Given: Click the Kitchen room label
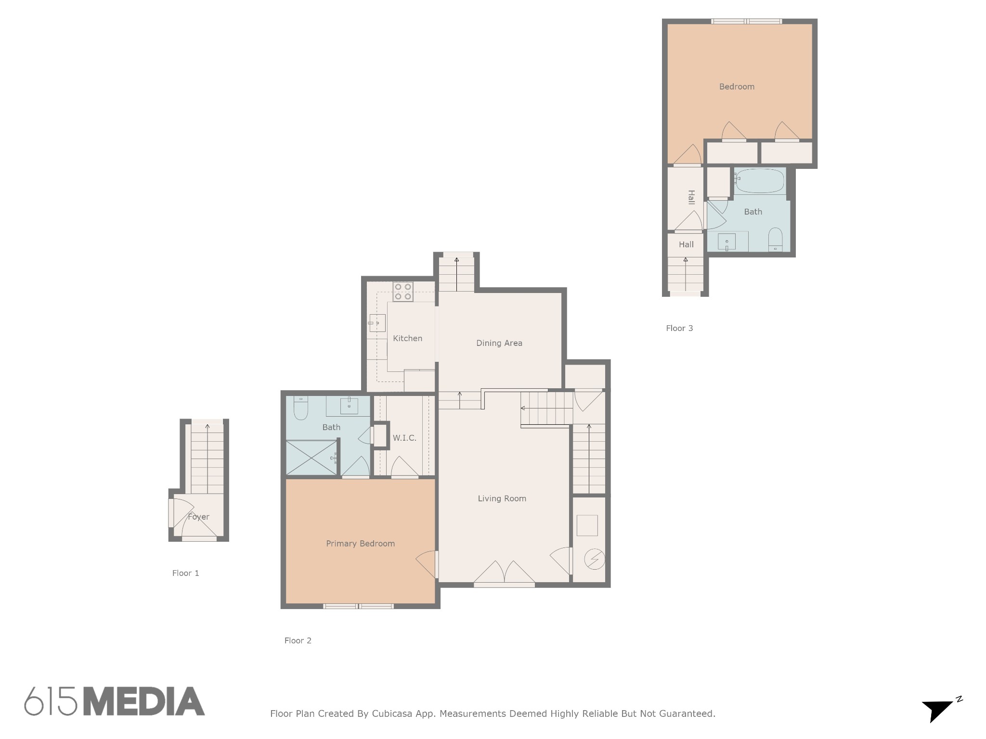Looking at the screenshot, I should coord(407,338).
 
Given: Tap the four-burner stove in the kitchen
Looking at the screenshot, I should coord(403,292).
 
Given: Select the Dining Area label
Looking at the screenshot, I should coord(499,343).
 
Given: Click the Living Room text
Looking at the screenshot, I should coord(502,498).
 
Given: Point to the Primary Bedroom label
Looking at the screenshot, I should coord(360,544).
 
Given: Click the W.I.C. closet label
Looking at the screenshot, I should coord(404,438).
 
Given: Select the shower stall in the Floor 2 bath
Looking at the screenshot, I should coord(311,458).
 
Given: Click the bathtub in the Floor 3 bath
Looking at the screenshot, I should coord(760,180).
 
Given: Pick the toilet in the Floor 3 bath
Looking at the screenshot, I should coord(775,239).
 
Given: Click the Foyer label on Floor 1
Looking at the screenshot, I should coord(198,517).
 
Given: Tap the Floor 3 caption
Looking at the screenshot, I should coord(679,328).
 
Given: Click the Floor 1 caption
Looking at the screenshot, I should coord(185,573).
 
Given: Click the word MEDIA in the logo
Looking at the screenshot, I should coord(144,701).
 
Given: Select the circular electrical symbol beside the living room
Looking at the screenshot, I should coord(594,559).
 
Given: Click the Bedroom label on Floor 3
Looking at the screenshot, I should coord(737,87).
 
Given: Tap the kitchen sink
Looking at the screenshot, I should coord(377,323).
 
